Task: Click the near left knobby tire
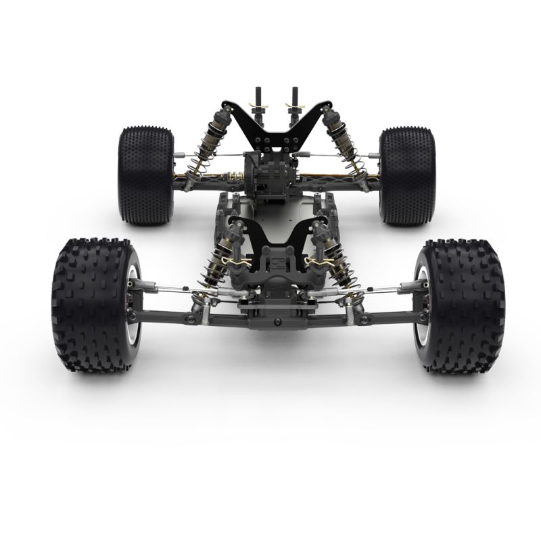91,304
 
